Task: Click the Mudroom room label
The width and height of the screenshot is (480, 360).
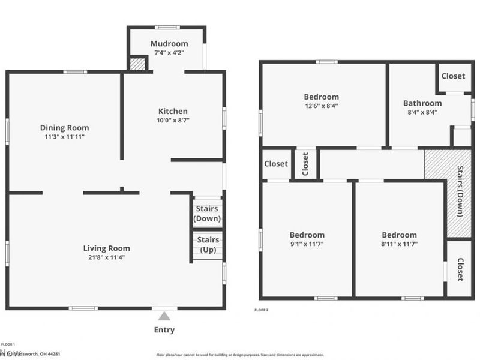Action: pos(169,43)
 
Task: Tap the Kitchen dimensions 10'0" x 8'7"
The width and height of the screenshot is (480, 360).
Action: pos(173,120)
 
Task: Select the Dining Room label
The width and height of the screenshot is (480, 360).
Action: pos(64,127)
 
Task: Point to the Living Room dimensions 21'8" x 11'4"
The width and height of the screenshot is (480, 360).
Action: pos(106,257)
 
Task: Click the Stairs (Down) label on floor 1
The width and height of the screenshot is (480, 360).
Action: pos(207,214)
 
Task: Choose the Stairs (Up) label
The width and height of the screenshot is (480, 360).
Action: pos(208,245)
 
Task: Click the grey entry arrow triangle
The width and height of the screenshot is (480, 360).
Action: pos(164,316)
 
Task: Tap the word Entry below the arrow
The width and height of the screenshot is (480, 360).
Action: pos(164,330)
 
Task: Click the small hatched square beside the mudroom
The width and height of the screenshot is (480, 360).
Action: pos(138,64)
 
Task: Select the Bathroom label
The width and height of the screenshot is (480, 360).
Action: pos(422,103)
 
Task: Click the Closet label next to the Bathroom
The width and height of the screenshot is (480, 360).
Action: pos(453,76)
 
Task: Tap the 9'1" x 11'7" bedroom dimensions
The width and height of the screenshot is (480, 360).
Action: pos(307,244)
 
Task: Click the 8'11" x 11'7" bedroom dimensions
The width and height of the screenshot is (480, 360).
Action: pos(400,244)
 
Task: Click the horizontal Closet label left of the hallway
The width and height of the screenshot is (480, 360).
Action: pos(276,164)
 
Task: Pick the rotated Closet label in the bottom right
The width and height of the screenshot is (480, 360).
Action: pos(460,269)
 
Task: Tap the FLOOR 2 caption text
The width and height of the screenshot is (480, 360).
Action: pos(262,310)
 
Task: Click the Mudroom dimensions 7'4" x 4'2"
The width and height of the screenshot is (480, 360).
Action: pos(169,52)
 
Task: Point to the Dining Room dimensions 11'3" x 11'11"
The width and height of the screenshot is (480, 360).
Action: pos(64,137)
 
